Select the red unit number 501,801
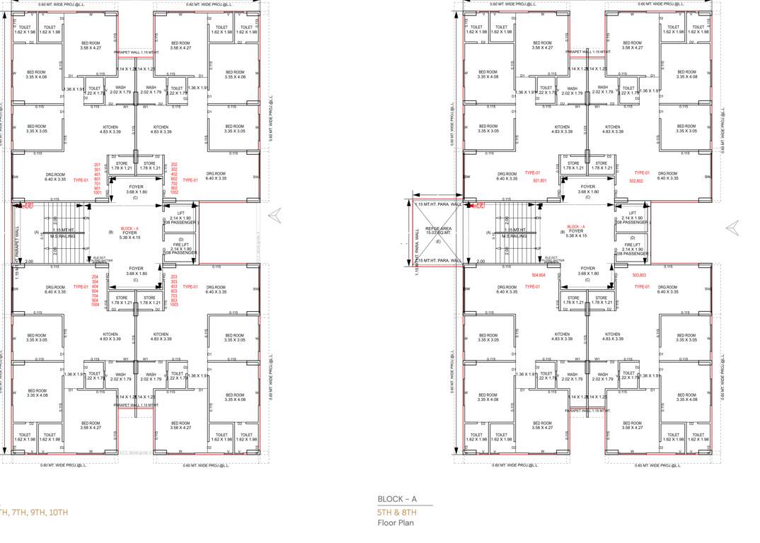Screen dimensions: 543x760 pos(540,180)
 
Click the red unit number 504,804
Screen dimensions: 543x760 pos(539,274)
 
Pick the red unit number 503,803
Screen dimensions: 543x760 pos(639,274)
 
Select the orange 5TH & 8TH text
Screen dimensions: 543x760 pos(397,512)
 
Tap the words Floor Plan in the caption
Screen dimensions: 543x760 pos(396,523)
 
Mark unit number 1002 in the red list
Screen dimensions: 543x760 pos(174,192)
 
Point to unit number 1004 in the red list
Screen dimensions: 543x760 pos(96,305)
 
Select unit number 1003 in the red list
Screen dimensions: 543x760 pos(174,305)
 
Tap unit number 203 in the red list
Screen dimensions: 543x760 pos(174,277)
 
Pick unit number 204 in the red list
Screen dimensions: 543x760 pos(96,277)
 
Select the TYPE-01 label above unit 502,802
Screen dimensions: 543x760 pos(642,173)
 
